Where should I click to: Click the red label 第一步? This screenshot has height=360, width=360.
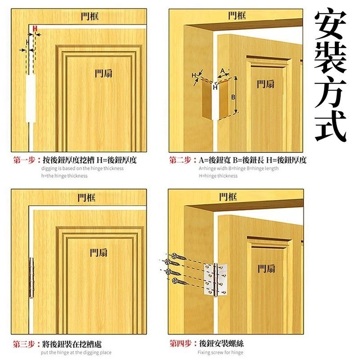25,160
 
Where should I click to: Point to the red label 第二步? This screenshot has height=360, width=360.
180,160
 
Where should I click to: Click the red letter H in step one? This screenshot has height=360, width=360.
35,28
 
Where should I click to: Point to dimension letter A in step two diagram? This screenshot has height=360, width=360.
222,71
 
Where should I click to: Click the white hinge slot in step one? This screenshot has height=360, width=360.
31,99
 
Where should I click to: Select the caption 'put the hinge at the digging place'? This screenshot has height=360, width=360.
76,352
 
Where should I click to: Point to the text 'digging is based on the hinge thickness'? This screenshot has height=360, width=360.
81,168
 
